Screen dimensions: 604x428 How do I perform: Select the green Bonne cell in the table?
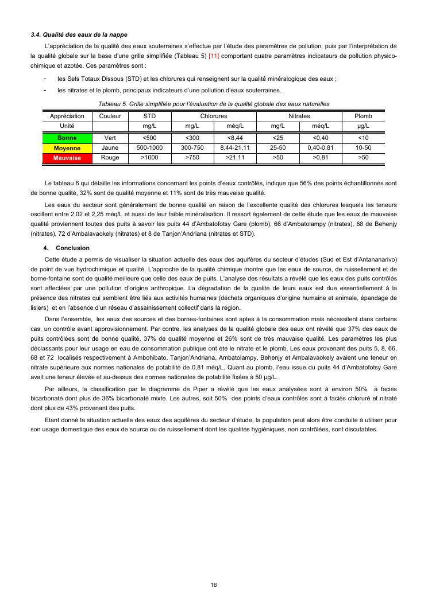(x=67, y=138)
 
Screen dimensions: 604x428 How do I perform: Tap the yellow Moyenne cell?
(x=67, y=147)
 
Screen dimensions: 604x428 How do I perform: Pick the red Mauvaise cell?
(x=67, y=157)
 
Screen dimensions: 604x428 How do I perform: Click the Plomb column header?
(x=363, y=116)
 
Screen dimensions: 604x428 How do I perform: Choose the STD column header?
(x=149, y=116)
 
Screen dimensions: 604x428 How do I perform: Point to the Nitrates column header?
(x=299, y=116)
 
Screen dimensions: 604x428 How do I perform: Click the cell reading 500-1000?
(x=149, y=147)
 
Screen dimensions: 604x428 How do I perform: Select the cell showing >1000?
(x=149, y=157)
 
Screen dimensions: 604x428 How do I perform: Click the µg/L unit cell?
(x=363, y=125)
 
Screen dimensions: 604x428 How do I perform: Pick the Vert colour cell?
(x=110, y=138)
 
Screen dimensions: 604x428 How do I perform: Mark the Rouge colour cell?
(x=110, y=157)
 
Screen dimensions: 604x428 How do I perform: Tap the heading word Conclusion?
(x=73, y=248)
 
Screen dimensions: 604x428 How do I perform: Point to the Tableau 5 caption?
(x=214, y=104)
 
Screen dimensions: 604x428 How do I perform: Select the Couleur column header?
(x=110, y=116)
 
